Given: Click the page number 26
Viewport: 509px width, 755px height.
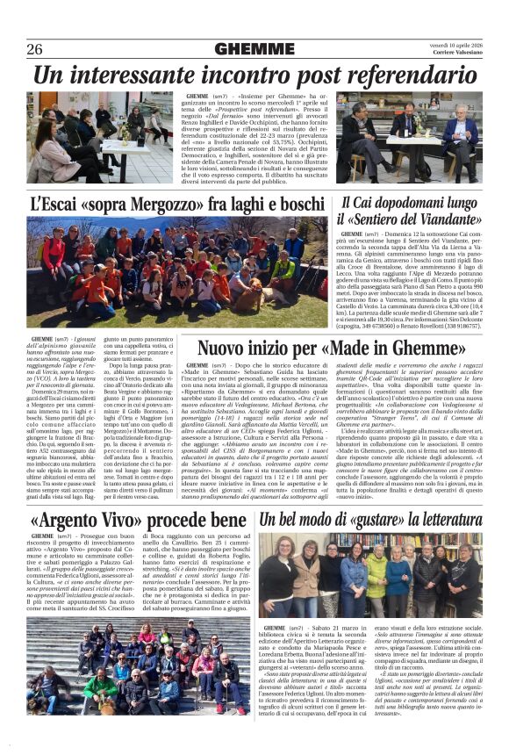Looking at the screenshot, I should [x=35, y=48].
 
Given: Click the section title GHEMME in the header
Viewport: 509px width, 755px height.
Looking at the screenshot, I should [x=254, y=49].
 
